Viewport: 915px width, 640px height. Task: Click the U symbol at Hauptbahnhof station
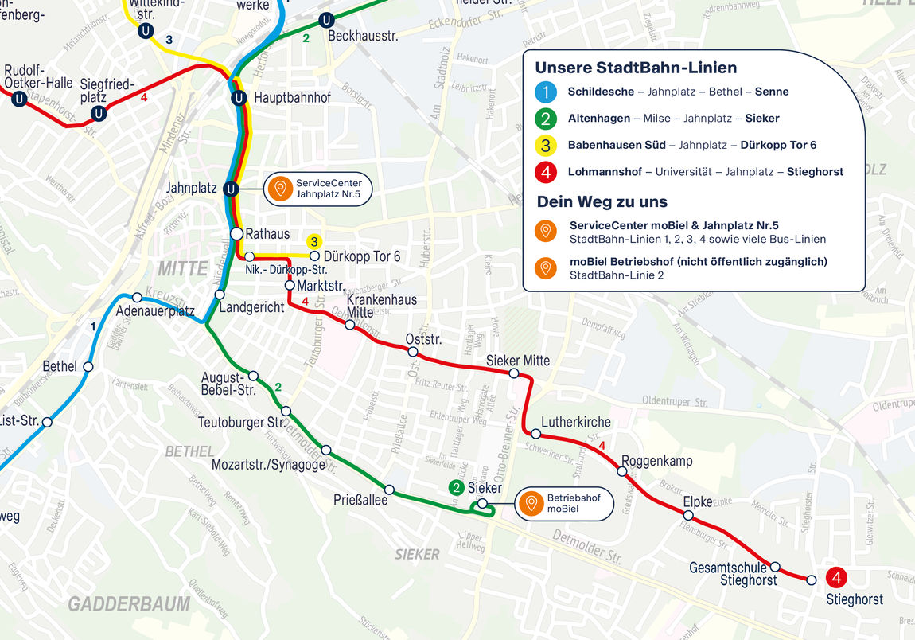pyautogui.click(x=237, y=98)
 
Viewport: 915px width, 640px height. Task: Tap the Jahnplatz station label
pyautogui.click(x=192, y=189)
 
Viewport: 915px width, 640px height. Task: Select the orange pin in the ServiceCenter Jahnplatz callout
pyautogui.click(x=279, y=189)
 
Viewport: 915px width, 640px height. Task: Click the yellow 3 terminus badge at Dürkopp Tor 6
pyautogui.click(x=314, y=241)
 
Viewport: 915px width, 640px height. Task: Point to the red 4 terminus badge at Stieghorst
pyautogui.click(x=836, y=579)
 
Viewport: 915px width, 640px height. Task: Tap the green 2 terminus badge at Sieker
pyautogui.click(x=457, y=487)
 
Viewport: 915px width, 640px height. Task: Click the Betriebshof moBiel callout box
pyautogui.click(x=564, y=503)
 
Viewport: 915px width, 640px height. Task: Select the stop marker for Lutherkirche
pyautogui.click(x=536, y=434)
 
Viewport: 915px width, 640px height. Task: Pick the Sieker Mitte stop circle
pyautogui.click(x=514, y=373)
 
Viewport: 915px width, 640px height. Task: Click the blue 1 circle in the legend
pyautogui.click(x=546, y=92)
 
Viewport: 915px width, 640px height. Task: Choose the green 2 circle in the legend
pyautogui.click(x=546, y=119)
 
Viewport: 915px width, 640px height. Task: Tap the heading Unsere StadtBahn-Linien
pyautogui.click(x=636, y=68)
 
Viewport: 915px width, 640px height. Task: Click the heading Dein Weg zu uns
pyautogui.click(x=602, y=201)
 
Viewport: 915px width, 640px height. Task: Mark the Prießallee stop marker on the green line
pyautogui.click(x=389, y=490)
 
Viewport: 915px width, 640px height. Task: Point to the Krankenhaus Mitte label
pyautogui.click(x=381, y=306)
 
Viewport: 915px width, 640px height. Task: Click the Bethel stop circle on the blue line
pyautogui.click(x=88, y=367)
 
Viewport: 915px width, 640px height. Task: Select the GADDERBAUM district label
pyautogui.click(x=129, y=604)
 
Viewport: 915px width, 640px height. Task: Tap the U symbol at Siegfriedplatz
pyautogui.click(x=99, y=113)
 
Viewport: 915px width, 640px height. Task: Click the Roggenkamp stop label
pyautogui.click(x=656, y=461)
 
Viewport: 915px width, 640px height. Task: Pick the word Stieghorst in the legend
pyautogui.click(x=815, y=171)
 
